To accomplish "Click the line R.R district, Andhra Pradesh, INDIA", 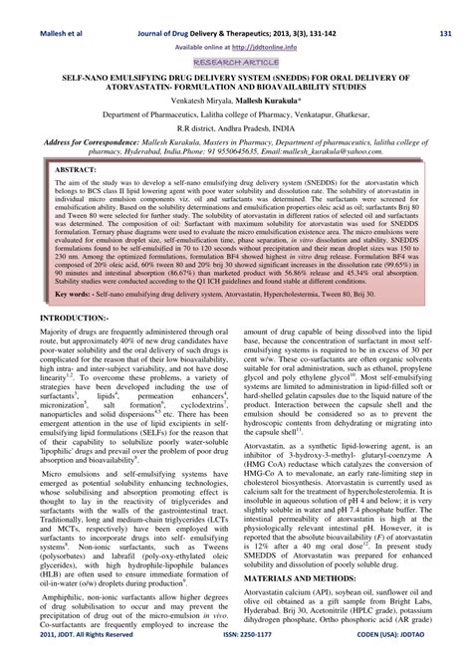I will [236, 127].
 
